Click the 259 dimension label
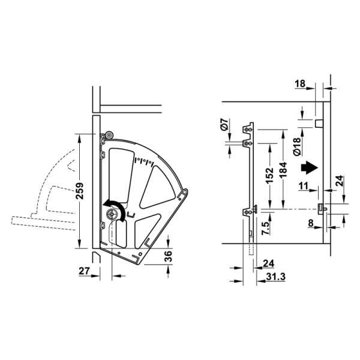click(x=80, y=191)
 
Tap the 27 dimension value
click(x=84, y=271)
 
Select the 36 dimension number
click(x=168, y=256)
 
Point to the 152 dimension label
click(x=269, y=175)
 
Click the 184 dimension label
click(x=283, y=170)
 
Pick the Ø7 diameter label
click(x=225, y=124)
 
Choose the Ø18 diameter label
click(x=296, y=147)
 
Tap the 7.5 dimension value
click(x=265, y=228)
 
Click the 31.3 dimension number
click(x=276, y=277)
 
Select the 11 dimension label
click(x=304, y=185)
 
